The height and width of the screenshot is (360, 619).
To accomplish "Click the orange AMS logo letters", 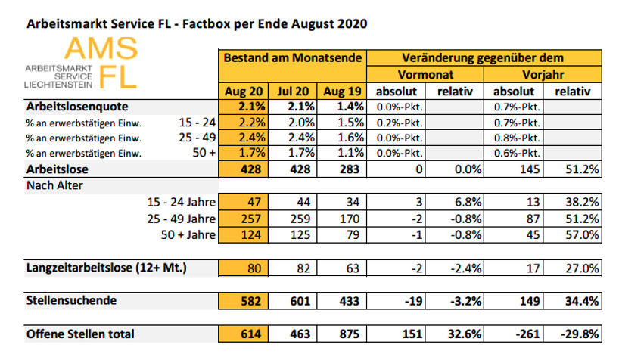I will coord(101,49).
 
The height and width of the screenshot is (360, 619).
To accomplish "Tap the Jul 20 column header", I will coord(292,92).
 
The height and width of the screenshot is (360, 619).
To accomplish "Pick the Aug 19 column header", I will coord(342,92).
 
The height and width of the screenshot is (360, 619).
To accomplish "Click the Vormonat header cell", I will coord(425,75).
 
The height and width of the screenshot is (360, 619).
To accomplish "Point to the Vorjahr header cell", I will coord(543,75).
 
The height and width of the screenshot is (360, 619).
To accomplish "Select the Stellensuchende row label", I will coord(72,301).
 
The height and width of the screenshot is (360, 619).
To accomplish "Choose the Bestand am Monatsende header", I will coord(292,58).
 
